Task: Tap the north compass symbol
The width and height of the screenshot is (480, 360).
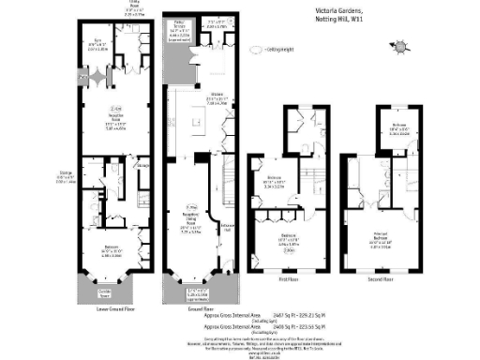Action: point(400,44)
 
